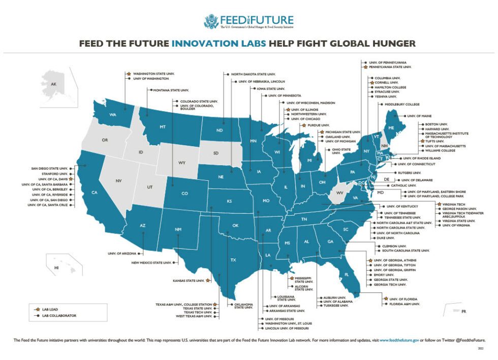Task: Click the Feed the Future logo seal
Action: click(x=211, y=21)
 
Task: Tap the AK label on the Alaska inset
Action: click(x=54, y=85)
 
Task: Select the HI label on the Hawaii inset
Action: click(x=57, y=268)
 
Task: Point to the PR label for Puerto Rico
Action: click(x=463, y=311)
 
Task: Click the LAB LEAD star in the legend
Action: click(x=37, y=309)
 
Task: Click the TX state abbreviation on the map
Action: click(x=233, y=260)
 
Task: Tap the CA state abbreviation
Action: click(x=94, y=192)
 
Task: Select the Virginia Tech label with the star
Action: click(x=453, y=204)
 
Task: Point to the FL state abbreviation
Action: click(x=346, y=275)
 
